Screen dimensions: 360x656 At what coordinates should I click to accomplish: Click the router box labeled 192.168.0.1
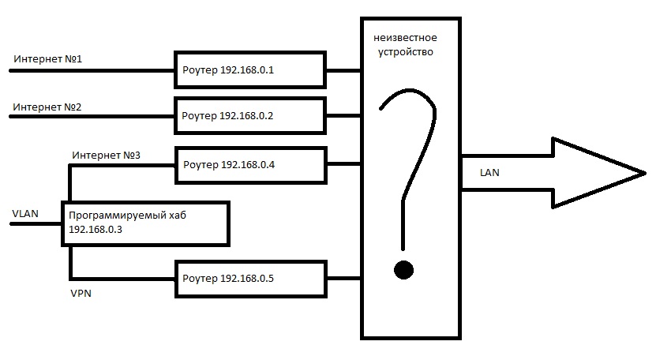250,69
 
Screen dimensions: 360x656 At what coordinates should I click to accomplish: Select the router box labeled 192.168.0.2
250,115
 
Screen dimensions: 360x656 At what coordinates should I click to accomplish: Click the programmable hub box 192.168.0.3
147,223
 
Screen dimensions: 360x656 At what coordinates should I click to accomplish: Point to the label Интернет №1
47,59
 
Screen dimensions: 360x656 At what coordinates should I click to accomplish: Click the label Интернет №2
47,106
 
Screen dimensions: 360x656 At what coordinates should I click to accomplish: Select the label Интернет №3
106,155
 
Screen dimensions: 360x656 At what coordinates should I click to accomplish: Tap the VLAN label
27,213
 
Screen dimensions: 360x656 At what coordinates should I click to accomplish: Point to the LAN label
489,171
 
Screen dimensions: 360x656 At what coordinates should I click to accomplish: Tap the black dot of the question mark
404,270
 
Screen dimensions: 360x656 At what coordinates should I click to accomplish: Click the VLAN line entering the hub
36,223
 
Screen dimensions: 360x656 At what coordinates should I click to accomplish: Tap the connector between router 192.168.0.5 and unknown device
343,278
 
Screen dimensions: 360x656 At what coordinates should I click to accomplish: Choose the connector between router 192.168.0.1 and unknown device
343,69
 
